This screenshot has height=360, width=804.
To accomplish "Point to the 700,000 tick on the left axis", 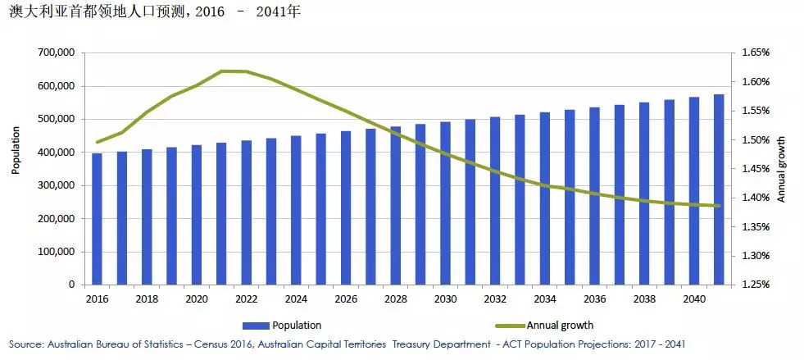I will pos(56,52).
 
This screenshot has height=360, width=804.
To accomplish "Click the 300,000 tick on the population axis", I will pos(56,185).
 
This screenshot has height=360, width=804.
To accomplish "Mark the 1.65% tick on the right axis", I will pos(755,52).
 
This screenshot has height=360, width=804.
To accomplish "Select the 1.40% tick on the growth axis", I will pos(755,198).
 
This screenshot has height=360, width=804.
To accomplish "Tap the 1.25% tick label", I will pos(755,285).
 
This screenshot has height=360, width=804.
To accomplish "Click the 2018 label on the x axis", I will pos(147,299).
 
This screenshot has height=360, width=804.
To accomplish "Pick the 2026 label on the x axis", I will pos(346,299).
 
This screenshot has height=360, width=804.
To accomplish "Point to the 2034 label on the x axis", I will pos(545,299).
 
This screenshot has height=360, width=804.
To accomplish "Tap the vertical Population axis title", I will pos(16,151).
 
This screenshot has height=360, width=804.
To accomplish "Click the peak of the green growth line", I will pos(234,71).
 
